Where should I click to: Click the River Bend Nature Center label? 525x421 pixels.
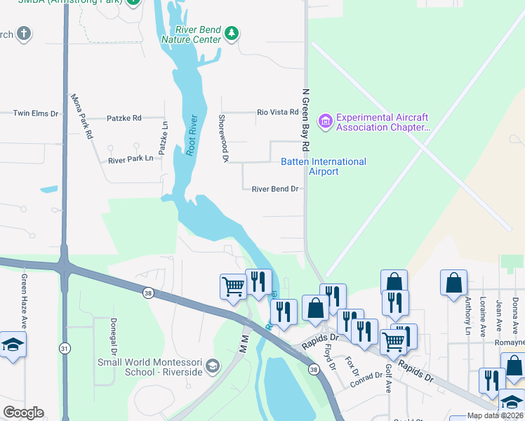coord(191,34)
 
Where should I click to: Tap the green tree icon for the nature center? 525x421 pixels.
coord(232,33)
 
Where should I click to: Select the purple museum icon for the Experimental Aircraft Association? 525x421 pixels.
coord(325,122)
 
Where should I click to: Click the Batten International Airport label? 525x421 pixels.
coord(324,166)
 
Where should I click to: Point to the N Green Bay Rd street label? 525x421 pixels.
coord(305,120)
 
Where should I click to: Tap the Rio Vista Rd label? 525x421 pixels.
coord(278,112)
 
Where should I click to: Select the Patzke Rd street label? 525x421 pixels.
coord(124,118)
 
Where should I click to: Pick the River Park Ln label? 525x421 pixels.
coord(131,159)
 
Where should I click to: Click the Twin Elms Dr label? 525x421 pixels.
coord(35,113)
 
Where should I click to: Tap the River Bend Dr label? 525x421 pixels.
coord(275,189)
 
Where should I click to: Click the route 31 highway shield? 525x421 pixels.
coord(65,347)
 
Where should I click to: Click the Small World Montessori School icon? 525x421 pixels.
coord(213,366)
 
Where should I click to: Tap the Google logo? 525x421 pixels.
coord(23,413)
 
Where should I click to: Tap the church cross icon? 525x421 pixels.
coord(24,34)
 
